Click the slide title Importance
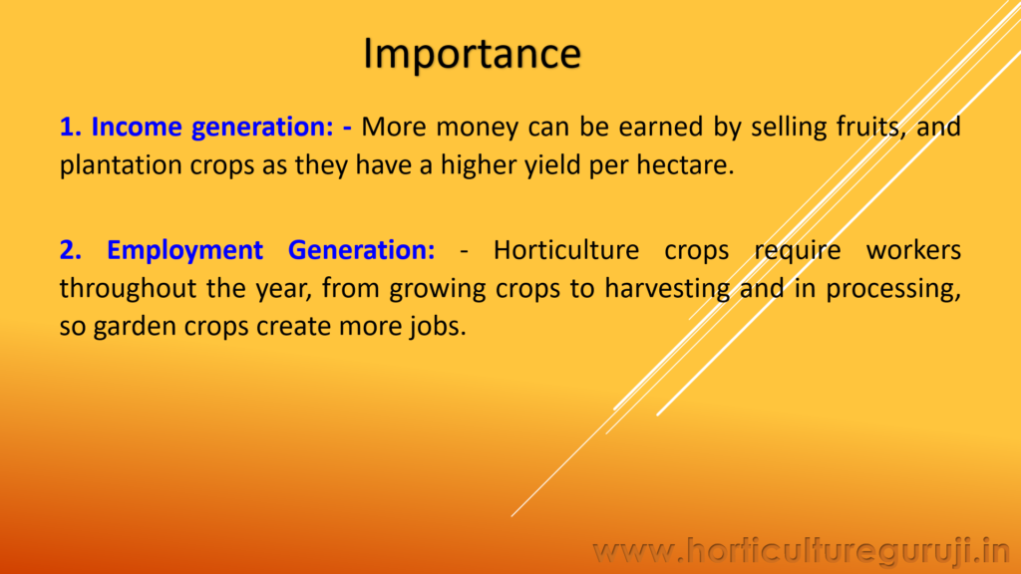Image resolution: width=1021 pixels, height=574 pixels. point(472,54)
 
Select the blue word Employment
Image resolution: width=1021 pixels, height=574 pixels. point(184,251)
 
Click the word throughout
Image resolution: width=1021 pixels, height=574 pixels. point(116,289)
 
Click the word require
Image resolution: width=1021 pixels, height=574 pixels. point(797,251)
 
